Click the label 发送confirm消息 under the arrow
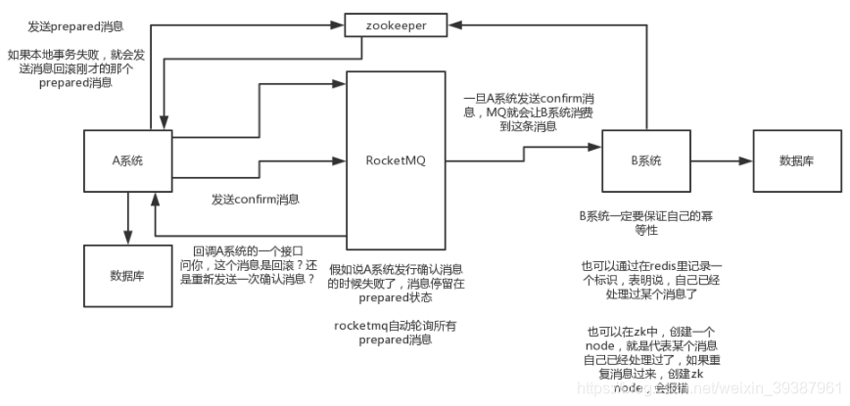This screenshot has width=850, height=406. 255,199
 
